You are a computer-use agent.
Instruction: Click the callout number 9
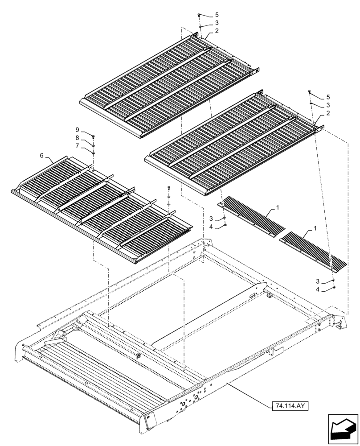[78, 129]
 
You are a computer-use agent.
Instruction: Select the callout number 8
[78, 138]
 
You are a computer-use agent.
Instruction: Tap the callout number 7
[78, 145]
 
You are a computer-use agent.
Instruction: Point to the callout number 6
[42, 155]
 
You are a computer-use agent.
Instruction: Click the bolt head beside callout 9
[94, 136]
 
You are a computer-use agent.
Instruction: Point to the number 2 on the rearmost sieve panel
[217, 31]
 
